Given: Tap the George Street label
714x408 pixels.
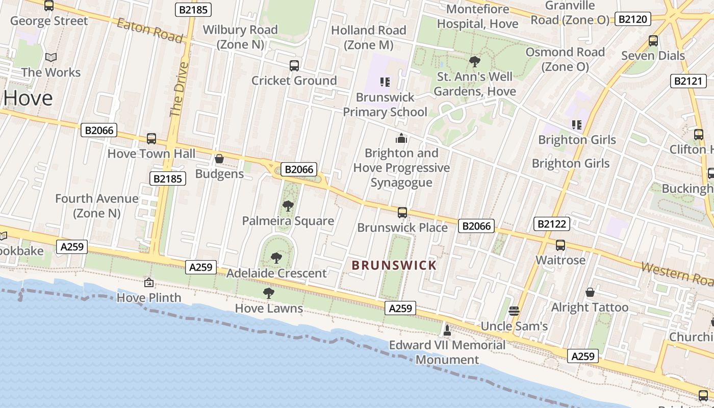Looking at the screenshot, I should tap(49, 21).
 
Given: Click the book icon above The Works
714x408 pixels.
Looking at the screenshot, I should tap(50, 58).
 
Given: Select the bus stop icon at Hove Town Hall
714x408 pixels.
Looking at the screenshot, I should tap(151, 138).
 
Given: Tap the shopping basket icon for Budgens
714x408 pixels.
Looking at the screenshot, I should tap(219, 159).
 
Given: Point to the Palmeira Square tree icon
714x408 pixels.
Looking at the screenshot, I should tap(288, 206).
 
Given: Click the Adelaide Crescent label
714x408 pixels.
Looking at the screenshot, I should tap(276, 273).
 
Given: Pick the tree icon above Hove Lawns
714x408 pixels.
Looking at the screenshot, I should tap(269, 293).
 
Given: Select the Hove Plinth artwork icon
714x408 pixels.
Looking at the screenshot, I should tap(149, 282).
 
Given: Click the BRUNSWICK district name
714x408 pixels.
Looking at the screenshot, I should tap(394, 265).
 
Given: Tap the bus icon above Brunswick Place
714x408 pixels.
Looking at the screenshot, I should tap(402, 212).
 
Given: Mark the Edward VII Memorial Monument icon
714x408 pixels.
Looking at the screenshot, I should tap(447, 330).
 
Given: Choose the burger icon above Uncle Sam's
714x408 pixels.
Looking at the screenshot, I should tap(514, 311).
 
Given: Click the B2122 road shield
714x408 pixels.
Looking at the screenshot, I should tap(551, 223).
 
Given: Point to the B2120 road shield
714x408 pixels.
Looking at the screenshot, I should tap(633, 19).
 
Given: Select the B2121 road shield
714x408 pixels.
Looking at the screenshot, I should tap(688, 81).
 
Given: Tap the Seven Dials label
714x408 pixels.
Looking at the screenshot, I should tap(653, 56).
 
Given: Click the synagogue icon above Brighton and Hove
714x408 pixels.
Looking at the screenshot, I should tap(401, 138).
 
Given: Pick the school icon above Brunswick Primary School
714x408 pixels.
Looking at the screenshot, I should tap(385, 82).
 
